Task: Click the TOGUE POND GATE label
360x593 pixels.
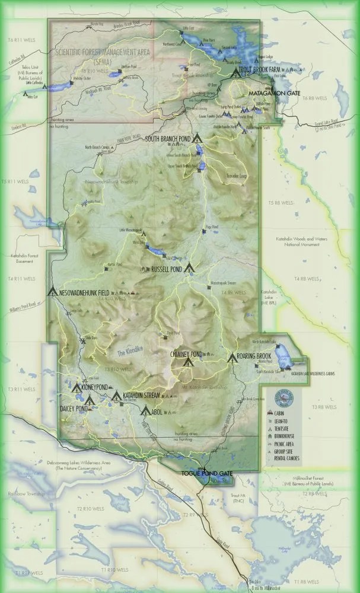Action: [x=206, y=473]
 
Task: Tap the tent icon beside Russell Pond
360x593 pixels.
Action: [x=190, y=268]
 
